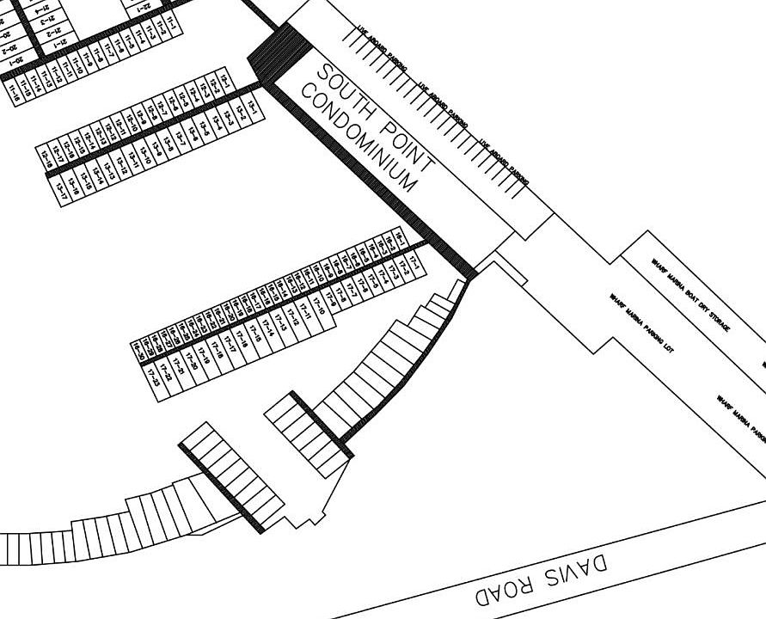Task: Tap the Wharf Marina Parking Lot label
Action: coord(640,323)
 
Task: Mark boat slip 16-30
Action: coord(138,350)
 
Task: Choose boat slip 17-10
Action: coord(321,303)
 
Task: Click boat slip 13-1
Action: coord(253,104)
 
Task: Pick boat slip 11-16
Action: coord(13,89)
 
